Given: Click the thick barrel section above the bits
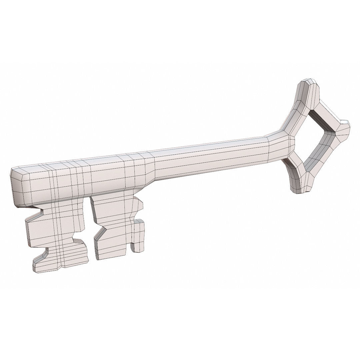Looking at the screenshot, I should (83, 180).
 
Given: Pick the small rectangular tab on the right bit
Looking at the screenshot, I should (138, 237).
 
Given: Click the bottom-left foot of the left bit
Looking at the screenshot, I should (47, 265).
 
